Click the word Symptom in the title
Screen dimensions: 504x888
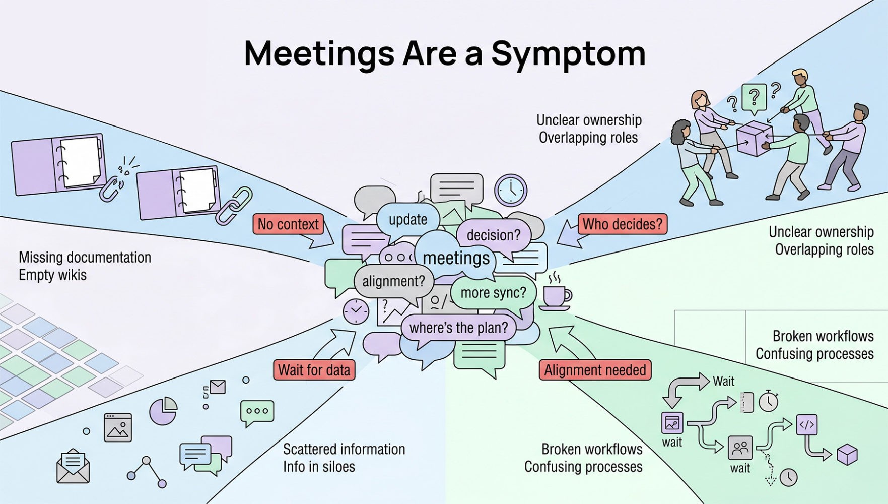tap(568, 53)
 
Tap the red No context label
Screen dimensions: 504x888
tap(288, 224)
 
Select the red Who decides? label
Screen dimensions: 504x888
tap(623, 224)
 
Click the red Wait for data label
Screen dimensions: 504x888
tap(314, 370)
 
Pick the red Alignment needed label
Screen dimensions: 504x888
tap(595, 370)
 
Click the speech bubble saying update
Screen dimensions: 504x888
tap(408, 220)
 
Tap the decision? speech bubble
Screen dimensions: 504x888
tap(494, 235)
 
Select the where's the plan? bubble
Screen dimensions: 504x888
tap(458, 328)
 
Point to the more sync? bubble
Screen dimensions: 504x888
tap(493, 293)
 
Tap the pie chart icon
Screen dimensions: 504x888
tap(163, 411)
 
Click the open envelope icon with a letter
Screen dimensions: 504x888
tap(73, 466)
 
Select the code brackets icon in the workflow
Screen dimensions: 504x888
tap(806, 425)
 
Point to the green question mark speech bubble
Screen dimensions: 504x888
tap(754, 97)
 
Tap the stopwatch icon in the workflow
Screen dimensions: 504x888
tap(769, 402)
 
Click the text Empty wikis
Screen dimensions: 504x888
tap(52, 275)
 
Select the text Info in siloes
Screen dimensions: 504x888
tap(319, 467)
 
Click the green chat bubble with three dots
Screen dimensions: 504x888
tap(257, 411)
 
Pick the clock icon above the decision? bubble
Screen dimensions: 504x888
tap(511, 190)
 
